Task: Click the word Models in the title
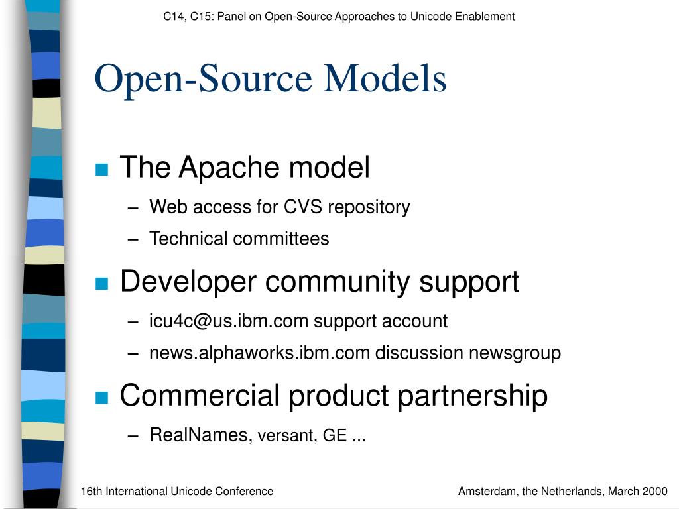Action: [x=385, y=79]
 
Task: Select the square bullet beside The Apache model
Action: [x=101, y=170]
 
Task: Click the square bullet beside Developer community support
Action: [x=101, y=283]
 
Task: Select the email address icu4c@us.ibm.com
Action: [x=229, y=321]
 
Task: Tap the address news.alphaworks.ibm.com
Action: [x=259, y=353]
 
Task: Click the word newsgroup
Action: [x=515, y=353]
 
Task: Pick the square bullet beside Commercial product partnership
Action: [x=101, y=397]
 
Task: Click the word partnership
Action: [x=473, y=396]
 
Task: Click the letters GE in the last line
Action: [x=335, y=435]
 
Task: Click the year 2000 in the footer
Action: [x=654, y=491]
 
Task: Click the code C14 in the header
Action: [x=173, y=17]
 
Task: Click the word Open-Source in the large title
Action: [x=204, y=79]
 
